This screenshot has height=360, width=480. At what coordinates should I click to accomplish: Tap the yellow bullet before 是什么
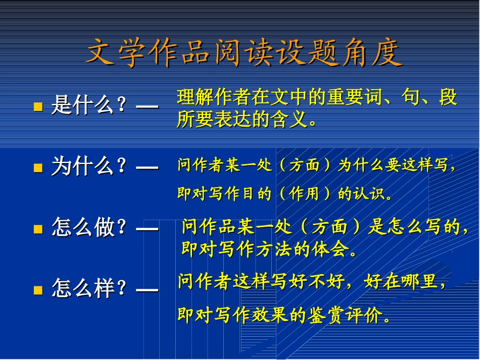coord(37,107)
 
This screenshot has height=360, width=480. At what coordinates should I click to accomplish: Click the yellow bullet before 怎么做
coord(37,229)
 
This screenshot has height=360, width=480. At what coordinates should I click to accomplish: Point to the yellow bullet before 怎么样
coord(37,290)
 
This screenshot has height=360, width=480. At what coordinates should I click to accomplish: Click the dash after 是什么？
coord(147,107)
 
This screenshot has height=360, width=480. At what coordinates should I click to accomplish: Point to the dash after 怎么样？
coord(147,290)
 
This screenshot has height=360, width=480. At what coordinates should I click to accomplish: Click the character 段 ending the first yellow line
coord(448,97)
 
